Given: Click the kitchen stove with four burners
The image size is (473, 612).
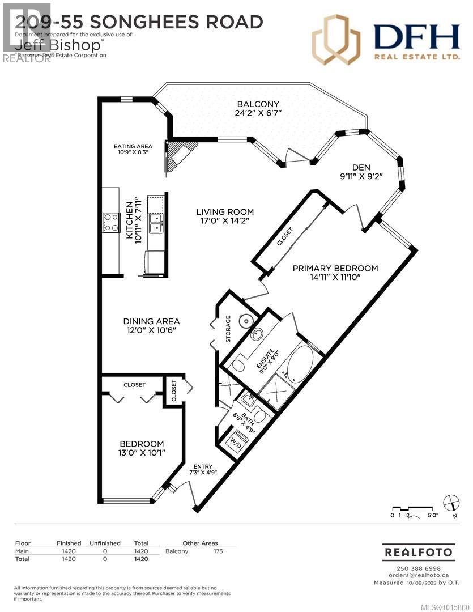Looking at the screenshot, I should tap(111, 222).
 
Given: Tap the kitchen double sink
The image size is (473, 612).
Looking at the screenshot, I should tap(155, 223).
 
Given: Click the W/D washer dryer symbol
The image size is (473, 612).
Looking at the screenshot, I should tap(235, 440).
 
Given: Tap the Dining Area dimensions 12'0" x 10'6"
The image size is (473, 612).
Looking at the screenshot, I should tap(151, 331).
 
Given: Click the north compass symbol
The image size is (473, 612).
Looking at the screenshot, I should tap(451, 502).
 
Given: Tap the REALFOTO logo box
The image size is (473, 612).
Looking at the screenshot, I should tap(419, 551).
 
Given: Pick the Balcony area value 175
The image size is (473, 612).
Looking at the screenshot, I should tap(218, 551).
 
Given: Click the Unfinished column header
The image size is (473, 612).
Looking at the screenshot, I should tap(105, 543).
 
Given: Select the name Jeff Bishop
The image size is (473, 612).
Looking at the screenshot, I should tap(39, 42).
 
